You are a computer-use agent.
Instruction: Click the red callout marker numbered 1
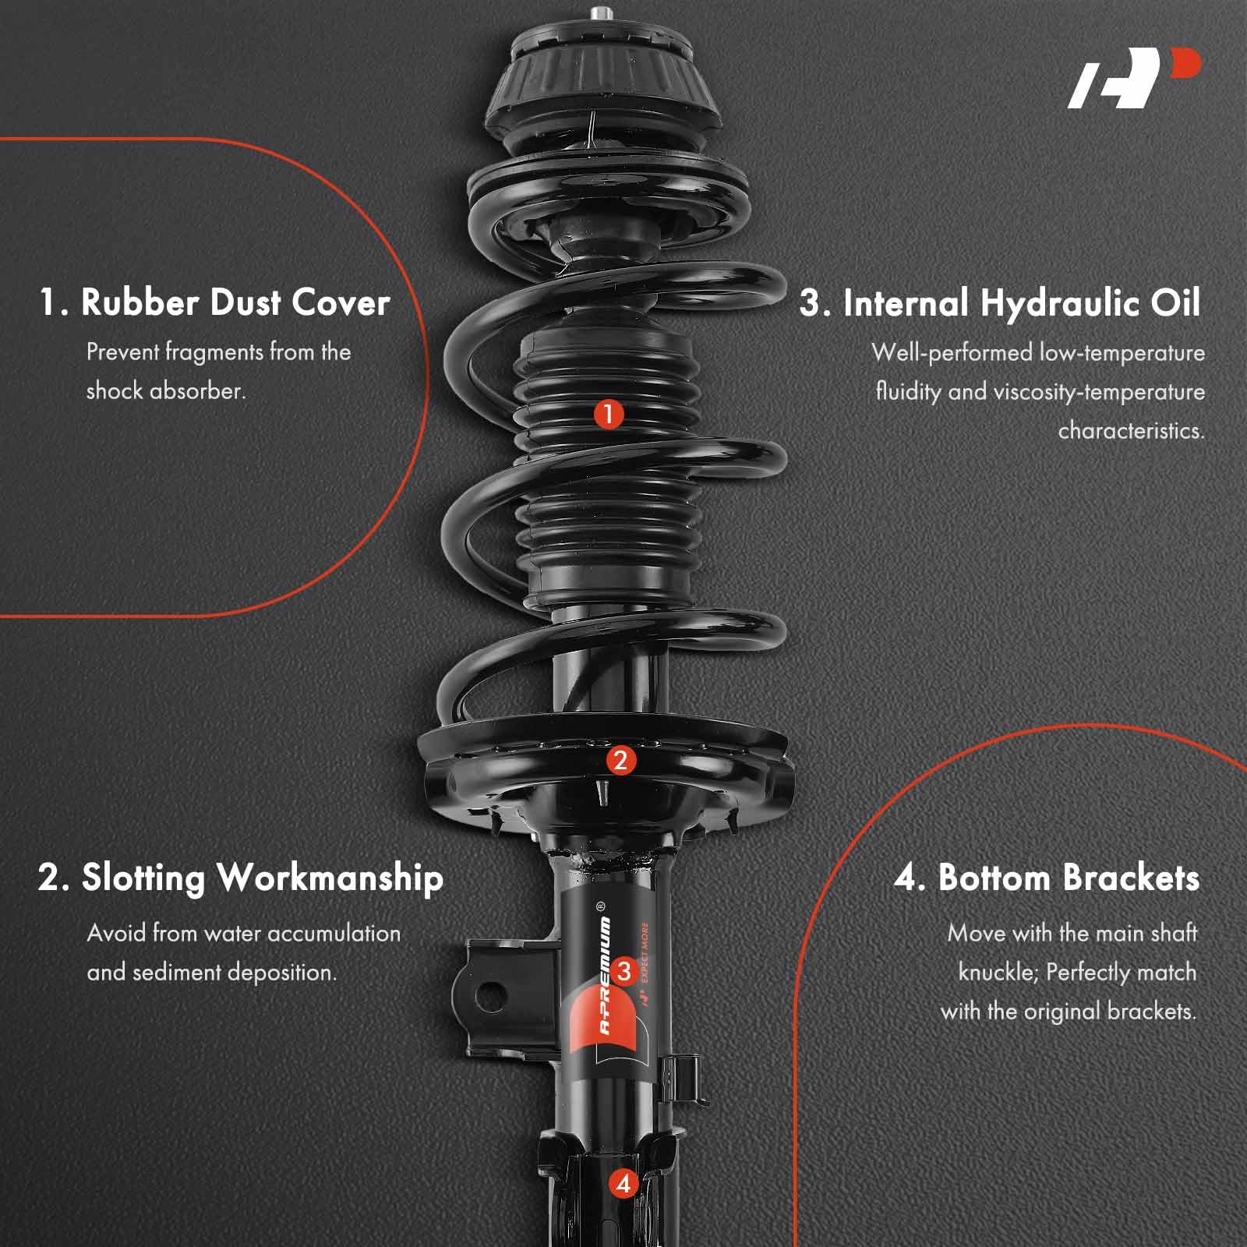(609, 414)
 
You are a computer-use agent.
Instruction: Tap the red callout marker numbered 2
(620, 760)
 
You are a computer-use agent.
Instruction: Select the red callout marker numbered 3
(623, 971)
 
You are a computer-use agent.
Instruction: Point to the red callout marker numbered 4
(623, 1183)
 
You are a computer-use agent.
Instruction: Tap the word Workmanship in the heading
(330, 879)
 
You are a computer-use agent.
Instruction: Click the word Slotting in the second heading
(144, 878)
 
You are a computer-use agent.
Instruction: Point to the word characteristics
(1132, 431)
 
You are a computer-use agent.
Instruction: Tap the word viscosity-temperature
(1076, 392)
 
